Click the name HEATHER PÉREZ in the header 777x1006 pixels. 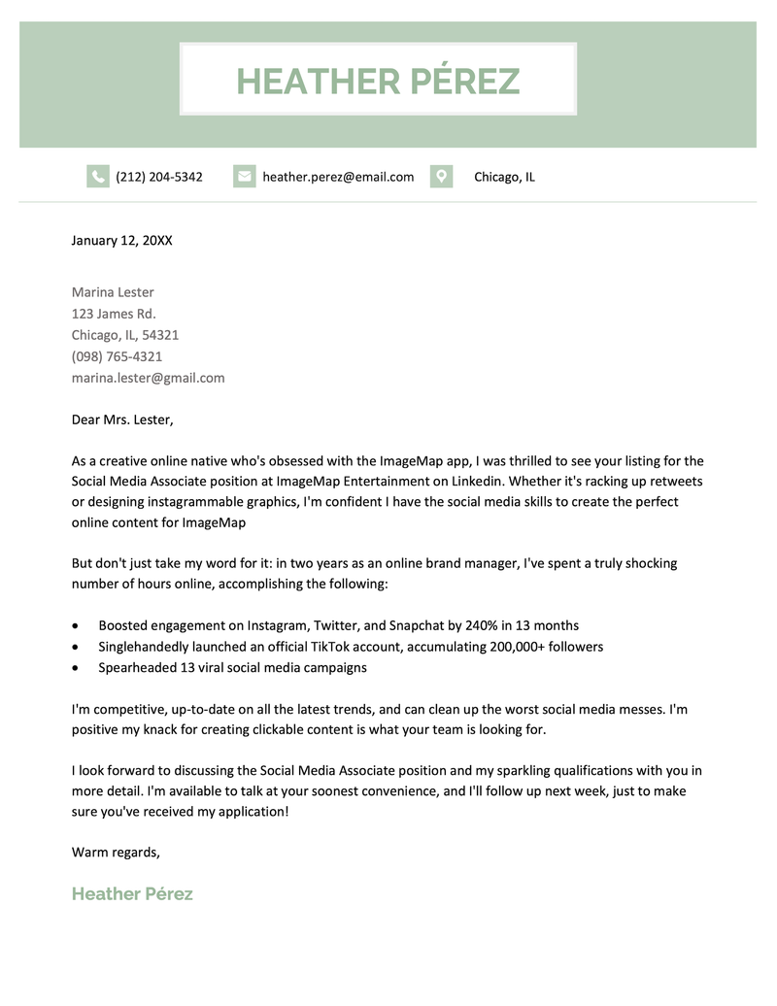click(x=378, y=81)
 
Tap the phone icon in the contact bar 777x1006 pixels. click(x=97, y=177)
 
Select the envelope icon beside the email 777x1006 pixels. click(x=244, y=177)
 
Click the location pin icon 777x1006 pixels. click(x=441, y=177)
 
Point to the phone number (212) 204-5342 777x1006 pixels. click(x=159, y=177)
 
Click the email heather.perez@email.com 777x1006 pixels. click(x=338, y=177)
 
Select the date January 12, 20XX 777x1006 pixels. click(x=121, y=240)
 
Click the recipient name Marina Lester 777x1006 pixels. click(x=113, y=292)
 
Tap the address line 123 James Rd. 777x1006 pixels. click(x=114, y=314)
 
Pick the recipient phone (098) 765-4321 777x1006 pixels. click(x=117, y=356)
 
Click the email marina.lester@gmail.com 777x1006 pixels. click(x=148, y=378)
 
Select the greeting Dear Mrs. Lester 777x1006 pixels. click(x=122, y=419)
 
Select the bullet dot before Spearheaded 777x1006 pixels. click(x=77, y=668)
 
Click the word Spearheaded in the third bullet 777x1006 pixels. click(x=138, y=668)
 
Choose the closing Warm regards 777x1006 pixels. click(x=116, y=852)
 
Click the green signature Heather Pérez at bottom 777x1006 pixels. click(x=132, y=893)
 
